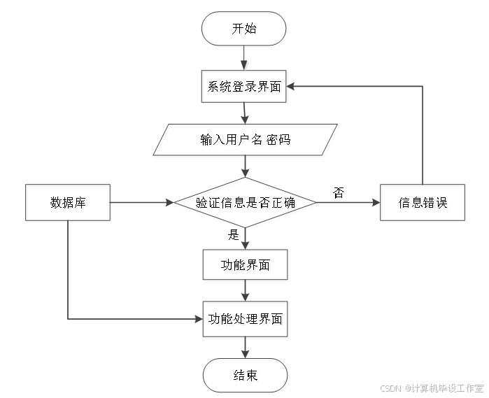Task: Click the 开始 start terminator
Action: pyautogui.click(x=245, y=30)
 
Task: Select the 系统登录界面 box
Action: pyautogui.click(x=245, y=87)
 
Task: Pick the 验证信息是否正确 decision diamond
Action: pyautogui.click(x=246, y=204)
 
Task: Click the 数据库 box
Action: pyautogui.click(x=69, y=204)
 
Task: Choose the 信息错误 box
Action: pyautogui.click(x=423, y=204)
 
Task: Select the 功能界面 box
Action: pyautogui.click(x=245, y=266)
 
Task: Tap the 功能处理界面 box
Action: pyautogui.click(x=245, y=321)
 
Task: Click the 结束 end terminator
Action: pyautogui.click(x=245, y=377)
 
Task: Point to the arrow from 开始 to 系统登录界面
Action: pyautogui.click(x=245, y=59)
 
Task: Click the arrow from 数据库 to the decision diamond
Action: pyautogui.click(x=143, y=204)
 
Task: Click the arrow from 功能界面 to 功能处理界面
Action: pyautogui.click(x=245, y=292)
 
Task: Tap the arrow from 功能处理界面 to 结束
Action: pyautogui.click(x=245, y=348)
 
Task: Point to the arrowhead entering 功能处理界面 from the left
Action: pyautogui.click(x=198, y=320)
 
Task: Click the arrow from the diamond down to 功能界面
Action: pyautogui.click(x=245, y=239)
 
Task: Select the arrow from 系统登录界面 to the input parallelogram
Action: pyautogui.click(x=245, y=114)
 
